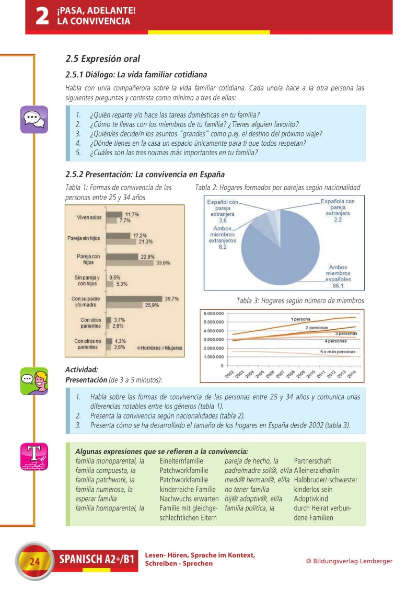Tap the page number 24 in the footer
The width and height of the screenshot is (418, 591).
[34, 562]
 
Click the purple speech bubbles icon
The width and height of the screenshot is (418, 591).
[34, 119]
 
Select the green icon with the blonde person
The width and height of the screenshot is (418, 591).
[34, 380]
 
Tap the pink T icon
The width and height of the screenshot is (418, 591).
[34, 456]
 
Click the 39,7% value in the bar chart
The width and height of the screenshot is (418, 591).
[172, 299]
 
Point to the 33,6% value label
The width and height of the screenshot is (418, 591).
[163, 263]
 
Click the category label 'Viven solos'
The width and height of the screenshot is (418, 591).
[89, 217]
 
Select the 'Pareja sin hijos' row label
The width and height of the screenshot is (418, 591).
[85, 238]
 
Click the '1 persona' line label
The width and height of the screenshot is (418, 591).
[300, 319]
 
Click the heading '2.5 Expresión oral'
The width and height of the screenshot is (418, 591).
[102, 59]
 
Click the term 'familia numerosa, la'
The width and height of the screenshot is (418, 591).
[104, 490]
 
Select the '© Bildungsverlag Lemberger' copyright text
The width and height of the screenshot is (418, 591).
[349, 561]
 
